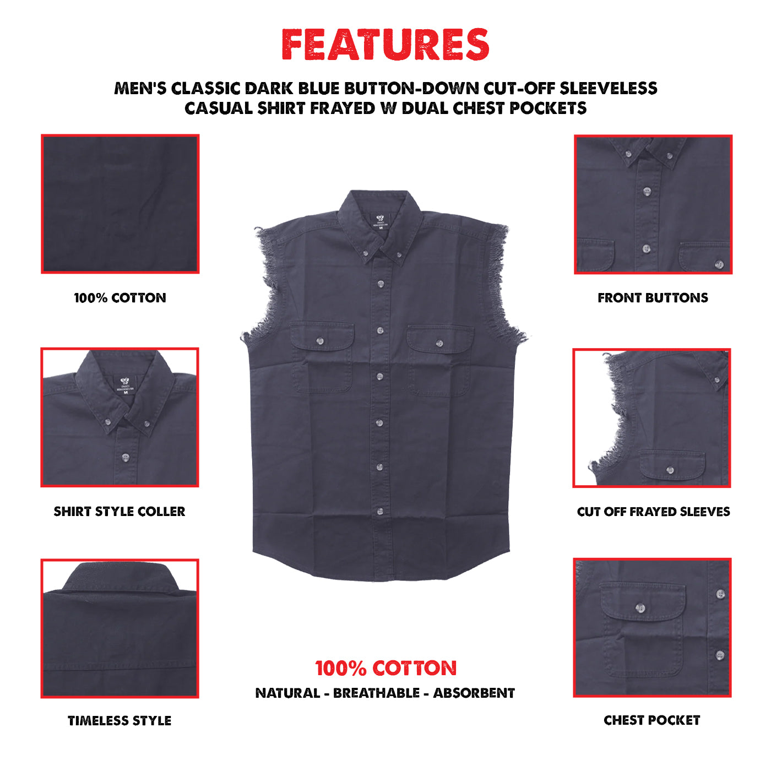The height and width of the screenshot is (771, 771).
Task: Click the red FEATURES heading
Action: point(385,45)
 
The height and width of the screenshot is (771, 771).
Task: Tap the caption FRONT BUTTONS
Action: point(653,298)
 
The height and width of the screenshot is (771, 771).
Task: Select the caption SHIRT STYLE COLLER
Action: point(120,512)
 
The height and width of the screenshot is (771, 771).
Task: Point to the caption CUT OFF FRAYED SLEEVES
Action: point(653,512)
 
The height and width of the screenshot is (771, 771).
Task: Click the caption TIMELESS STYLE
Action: point(120,720)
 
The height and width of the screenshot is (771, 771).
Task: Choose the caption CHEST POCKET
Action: point(652,720)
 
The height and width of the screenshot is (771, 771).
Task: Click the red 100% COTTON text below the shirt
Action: point(385,669)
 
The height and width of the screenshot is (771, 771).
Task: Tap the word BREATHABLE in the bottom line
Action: point(376,693)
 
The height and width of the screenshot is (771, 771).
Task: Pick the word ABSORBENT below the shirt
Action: point(474,693)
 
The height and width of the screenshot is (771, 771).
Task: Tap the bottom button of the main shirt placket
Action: point(380,512)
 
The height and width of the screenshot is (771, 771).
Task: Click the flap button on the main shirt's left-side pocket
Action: point(320,341)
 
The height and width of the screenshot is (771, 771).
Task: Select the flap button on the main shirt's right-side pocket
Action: point(439,344)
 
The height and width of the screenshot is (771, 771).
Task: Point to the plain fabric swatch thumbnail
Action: point(120,204)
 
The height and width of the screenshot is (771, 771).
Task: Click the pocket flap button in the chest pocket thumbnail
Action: point(640,608)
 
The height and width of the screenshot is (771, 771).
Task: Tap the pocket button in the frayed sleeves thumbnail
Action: point(670,470)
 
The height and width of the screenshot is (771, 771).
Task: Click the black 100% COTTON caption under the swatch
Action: point(120,298)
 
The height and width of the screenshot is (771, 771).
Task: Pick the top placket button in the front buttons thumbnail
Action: point(647,191)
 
